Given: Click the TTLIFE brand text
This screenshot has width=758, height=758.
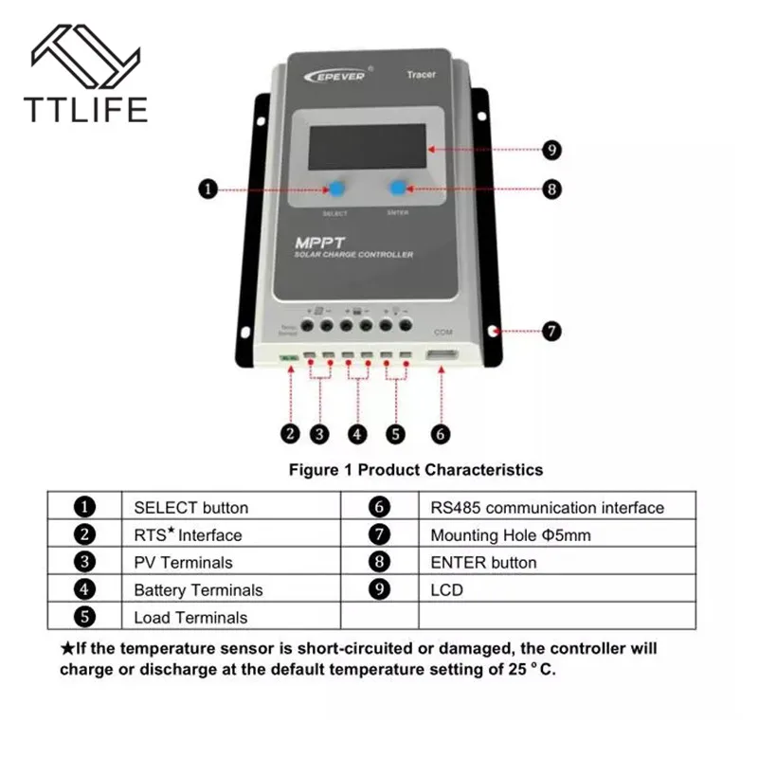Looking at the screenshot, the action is (84, 109).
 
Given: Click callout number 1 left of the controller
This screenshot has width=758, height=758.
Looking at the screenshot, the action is (208, 189).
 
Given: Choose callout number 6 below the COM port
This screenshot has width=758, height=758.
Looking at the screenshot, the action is (440, 434).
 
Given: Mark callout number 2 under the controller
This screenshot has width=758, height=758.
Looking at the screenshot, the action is (291, 434).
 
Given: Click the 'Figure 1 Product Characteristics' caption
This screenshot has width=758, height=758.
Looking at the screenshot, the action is (416, 469).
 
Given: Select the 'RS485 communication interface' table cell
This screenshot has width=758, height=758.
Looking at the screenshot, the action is (547, 508).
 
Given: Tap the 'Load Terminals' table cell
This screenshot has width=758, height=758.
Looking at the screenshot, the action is (189, 618).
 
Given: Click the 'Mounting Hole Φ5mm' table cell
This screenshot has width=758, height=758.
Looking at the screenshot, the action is (510, 535).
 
